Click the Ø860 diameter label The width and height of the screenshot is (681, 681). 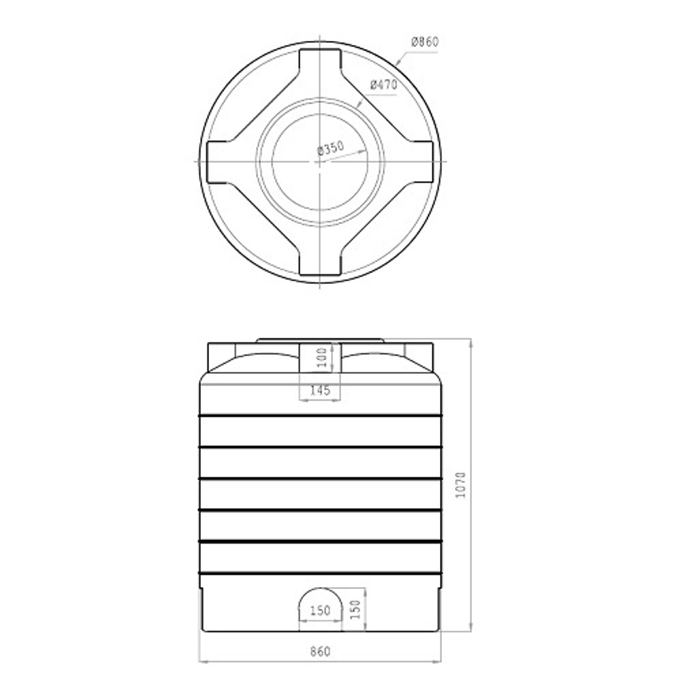pyautogui.click(x=425, y=42)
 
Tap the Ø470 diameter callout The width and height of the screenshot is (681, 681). pyautogui.click(x=383, y=85)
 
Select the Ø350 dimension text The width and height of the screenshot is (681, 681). pyautogui.click(x=330, y=149)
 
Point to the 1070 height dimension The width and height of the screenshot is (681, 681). pyautogui.click(x=461, y=485)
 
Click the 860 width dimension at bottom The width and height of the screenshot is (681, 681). pyautogui.click(x=319, y=652)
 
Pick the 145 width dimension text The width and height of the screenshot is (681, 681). pyautogui.click(x=319, y=391)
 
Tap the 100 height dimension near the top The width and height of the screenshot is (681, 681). pyautogui.click(x=323, y=357)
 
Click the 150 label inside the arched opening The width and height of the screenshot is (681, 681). pyautogui.click(x=319, y=611)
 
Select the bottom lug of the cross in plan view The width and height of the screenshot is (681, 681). pyautogui.click(x=320, y=267)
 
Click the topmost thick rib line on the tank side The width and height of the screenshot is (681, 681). pyautogui.click(x=320, y=415)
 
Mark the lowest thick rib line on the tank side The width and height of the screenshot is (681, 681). pyautogui.click(x=320, y=573)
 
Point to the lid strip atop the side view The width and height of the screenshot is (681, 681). pyautogui.click(x=320, y=340)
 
